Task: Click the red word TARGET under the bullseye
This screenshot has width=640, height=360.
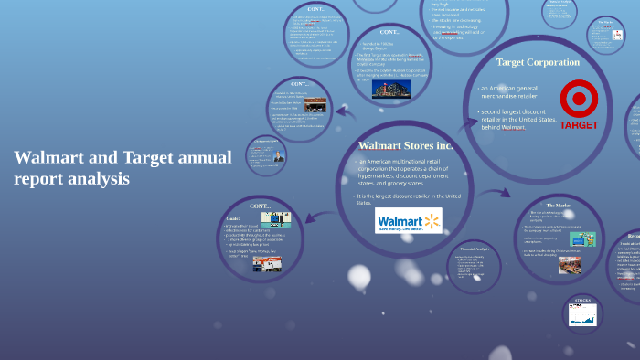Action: coord(579,124)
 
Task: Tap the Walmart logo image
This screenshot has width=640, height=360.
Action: coord(409,222)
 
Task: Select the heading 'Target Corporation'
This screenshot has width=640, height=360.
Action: coord(538,62)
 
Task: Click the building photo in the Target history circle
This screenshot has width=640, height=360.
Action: coord(390,89)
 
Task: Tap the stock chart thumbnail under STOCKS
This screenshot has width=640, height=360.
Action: coord(582,315)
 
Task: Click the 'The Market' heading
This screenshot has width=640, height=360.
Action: coord(558,206)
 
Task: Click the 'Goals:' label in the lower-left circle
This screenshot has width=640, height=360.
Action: coord(232,219)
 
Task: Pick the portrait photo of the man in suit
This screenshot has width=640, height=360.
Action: coord(279,155)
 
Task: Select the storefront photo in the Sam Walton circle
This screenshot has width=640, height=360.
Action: coord(315,103)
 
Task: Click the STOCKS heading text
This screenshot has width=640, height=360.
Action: coord(582,299)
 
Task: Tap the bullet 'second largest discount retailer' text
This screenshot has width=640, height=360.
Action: coord(517,120)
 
